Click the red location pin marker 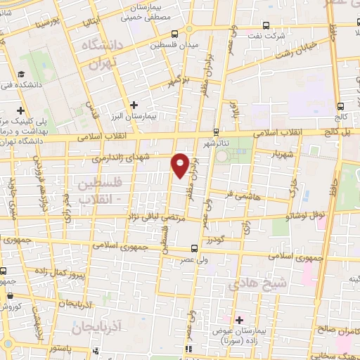180,165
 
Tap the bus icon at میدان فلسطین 174,34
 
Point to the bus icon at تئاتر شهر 216,131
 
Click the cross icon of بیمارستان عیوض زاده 240,319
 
